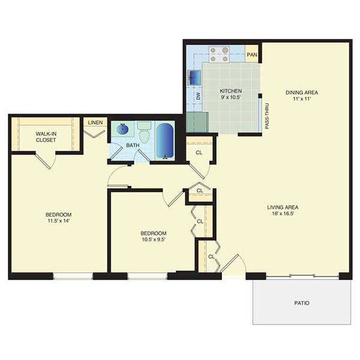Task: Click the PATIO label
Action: (x=302, y=303)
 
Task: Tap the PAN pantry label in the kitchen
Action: (x=252, y=55)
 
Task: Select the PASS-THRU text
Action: (x=267, y=116)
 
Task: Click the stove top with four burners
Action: (x=219, y=55)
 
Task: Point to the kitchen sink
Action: (x=194, y=77)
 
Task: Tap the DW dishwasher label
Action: (x=199, y=96)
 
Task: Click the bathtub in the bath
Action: (x=165, y=141)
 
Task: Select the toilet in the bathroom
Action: (x=144, y=132)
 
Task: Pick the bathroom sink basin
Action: (x=122, y=129)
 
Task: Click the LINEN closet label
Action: (x=95, y=122)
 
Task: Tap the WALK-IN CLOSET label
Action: (x=46, y=137)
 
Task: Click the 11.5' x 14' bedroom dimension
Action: (x=59, y=221)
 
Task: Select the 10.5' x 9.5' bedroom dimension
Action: (x=154, y=239)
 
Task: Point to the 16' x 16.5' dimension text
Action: (x=283, y=214)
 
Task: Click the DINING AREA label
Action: (x=302, y=92)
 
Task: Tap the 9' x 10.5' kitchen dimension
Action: (x=230, y=97)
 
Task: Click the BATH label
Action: (x=133, y=145)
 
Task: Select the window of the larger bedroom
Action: (x=73, y=276)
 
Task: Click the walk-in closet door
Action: (x=43, y=161)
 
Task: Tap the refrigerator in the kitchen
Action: (x=197, y=122)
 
